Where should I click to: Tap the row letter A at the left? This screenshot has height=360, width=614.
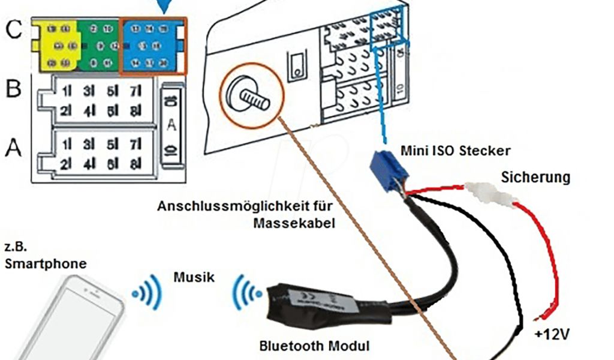[13, 146]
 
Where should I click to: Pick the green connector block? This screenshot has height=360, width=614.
[100, 46]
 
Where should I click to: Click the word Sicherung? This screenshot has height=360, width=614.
[535, 178]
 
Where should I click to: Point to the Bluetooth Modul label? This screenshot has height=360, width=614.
[314, 346]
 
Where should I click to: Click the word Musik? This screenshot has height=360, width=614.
[194, 277]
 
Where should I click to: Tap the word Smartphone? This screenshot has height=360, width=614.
[46, 264]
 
